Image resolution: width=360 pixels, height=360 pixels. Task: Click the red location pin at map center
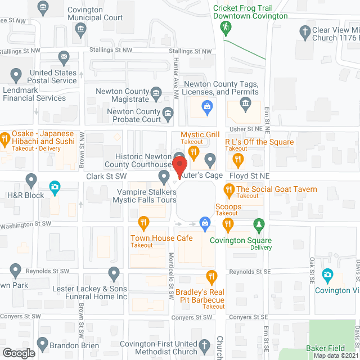179,166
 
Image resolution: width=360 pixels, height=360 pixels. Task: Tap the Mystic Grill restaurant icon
194,152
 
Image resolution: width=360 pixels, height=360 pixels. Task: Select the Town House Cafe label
161,238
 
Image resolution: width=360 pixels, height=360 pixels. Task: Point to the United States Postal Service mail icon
64,57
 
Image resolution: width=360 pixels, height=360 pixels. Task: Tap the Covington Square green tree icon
259,224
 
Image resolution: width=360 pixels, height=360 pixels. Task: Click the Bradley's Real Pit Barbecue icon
211,276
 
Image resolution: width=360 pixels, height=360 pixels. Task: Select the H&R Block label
25,195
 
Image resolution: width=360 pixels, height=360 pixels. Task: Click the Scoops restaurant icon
228,224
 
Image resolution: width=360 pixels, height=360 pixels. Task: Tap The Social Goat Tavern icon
229,191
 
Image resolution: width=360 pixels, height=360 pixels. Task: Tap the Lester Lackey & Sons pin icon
114,274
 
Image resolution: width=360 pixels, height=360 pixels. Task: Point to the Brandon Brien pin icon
43,343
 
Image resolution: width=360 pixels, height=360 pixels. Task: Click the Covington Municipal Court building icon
81,28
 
